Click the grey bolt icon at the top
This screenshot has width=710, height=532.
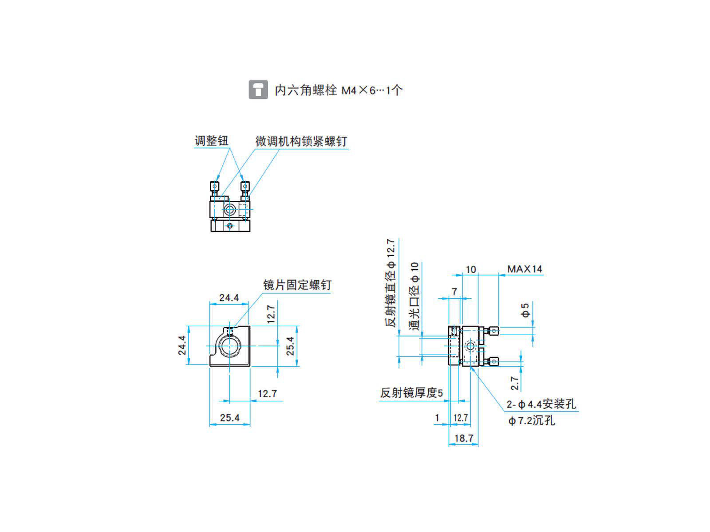point(258,90)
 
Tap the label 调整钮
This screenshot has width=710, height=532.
point(211,141)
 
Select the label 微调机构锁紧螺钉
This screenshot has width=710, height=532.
point(301,141)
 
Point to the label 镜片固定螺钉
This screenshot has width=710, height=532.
point(297,285)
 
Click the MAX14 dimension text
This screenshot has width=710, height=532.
point(525,269)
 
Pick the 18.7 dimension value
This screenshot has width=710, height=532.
point(464,438)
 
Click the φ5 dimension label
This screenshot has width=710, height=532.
point(525,310)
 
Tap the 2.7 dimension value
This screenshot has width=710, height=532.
point(515,383)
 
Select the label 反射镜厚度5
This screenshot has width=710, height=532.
point(411,393)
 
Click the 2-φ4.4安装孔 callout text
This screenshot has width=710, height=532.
point(541,404)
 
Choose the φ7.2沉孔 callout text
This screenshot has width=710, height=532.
point(531,420)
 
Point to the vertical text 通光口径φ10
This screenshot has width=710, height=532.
point(414,296)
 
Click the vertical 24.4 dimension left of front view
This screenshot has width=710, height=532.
point(182,345)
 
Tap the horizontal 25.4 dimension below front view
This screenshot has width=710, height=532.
point(229,418)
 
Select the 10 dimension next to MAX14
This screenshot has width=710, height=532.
point(470,269)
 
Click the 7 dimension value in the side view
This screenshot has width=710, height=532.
point(454,292)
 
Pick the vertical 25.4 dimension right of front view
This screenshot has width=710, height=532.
point(290,346)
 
